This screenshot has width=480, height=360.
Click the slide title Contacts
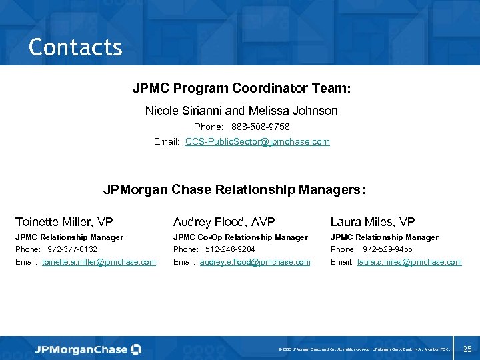point(75,47)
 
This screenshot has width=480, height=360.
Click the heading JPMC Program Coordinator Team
point(241,88)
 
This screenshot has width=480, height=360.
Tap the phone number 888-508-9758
point(261,127)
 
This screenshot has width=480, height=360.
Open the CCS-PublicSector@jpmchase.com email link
point(257,142)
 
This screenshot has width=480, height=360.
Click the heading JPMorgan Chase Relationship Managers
point(234,190)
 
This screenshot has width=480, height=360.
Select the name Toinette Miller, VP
point(64,221)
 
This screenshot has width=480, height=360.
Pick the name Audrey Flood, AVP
point(224,221)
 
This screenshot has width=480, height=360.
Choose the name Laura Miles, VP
point(373,221)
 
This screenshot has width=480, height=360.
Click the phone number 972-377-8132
point(72,249)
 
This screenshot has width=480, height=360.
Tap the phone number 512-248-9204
point(230,249)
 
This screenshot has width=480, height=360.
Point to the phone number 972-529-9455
point(387,249)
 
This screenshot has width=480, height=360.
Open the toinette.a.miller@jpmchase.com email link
point(99,262)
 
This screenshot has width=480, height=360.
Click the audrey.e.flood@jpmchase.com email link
point(255,262)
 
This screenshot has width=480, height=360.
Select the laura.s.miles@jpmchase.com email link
point(409,262)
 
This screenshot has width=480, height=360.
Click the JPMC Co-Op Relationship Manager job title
point(240,237)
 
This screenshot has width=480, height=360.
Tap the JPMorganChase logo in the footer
point(88,349)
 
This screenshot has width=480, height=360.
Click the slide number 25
point(467,349)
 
